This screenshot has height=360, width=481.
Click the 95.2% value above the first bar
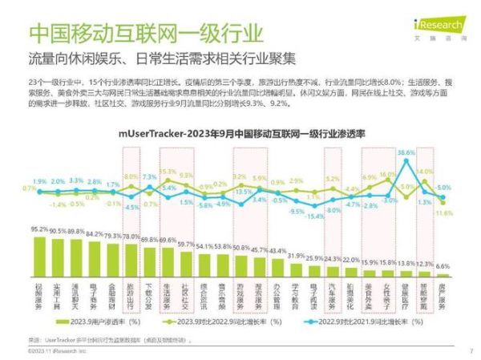point(38,229)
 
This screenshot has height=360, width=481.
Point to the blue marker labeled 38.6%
point(407,160)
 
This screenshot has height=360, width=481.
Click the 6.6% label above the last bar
point(443,266)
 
